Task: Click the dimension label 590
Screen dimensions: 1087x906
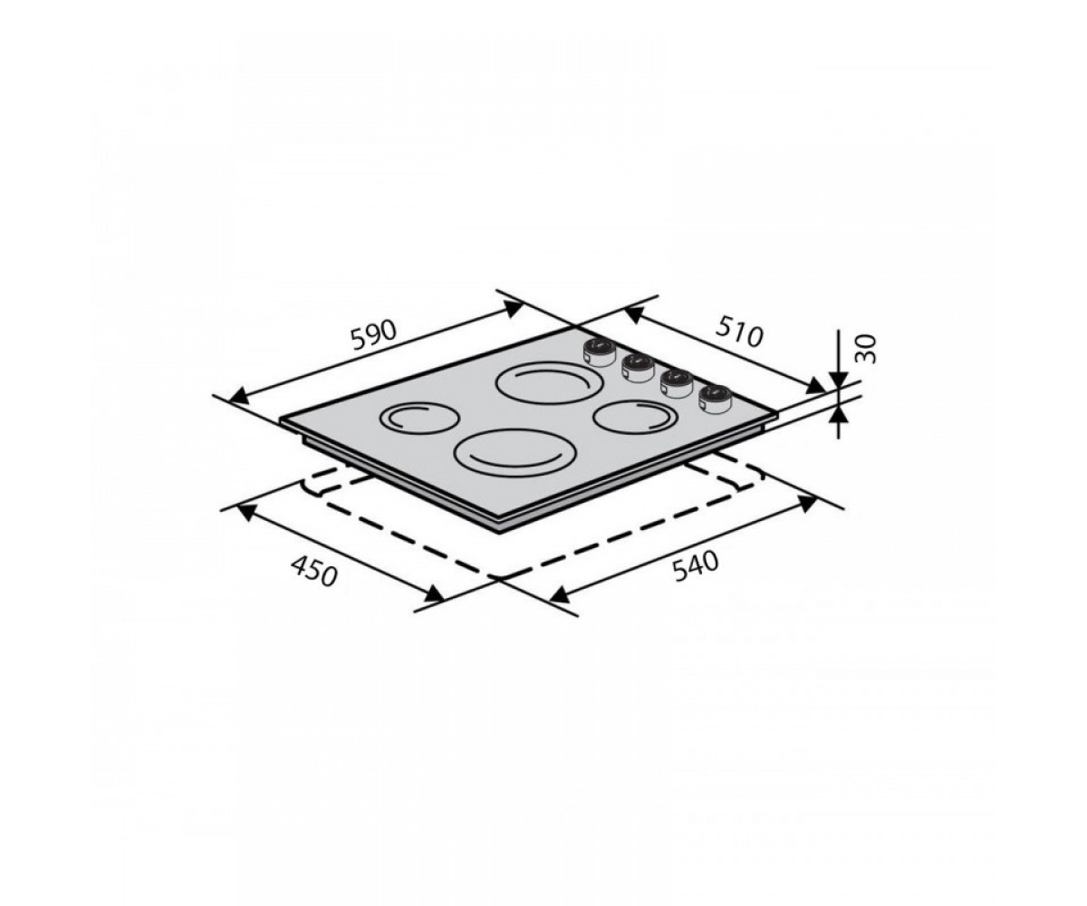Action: (375, 336)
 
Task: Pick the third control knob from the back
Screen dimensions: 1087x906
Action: (675, 383)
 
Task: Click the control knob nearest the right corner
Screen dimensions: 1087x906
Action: (715, 400)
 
